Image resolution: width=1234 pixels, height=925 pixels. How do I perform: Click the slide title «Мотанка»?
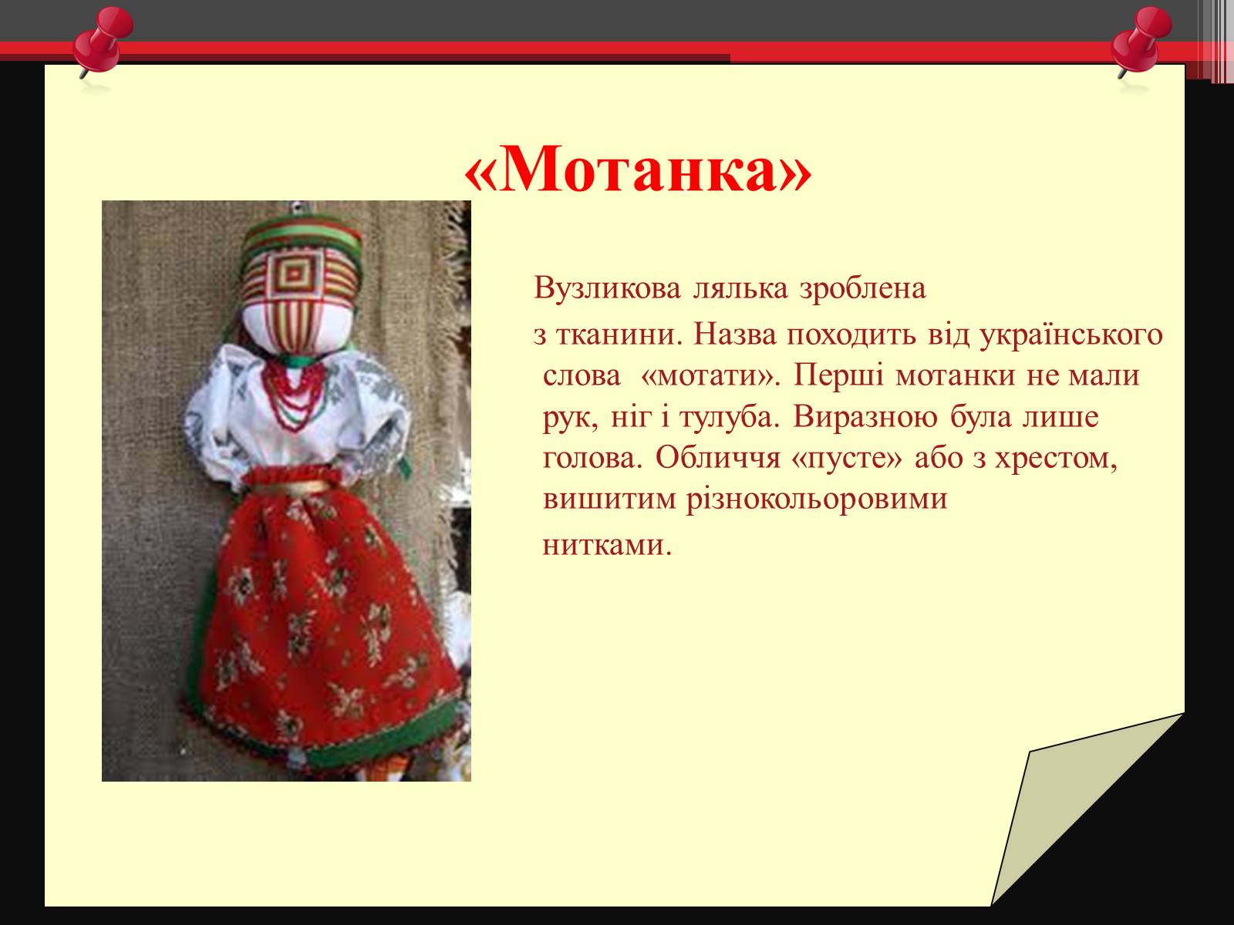[638, 170]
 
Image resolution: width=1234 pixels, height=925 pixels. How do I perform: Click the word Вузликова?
[607, 288]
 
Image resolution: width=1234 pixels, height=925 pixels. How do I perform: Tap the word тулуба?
[730, 417]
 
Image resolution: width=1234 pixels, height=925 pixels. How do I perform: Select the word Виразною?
[865, 417]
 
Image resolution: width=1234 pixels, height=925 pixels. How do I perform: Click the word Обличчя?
[718, 458]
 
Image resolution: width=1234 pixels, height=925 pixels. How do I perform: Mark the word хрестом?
[1056, 459]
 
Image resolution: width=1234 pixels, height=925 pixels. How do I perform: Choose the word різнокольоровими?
[817, 499]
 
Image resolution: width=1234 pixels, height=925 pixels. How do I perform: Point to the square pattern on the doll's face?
[294, 274]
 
